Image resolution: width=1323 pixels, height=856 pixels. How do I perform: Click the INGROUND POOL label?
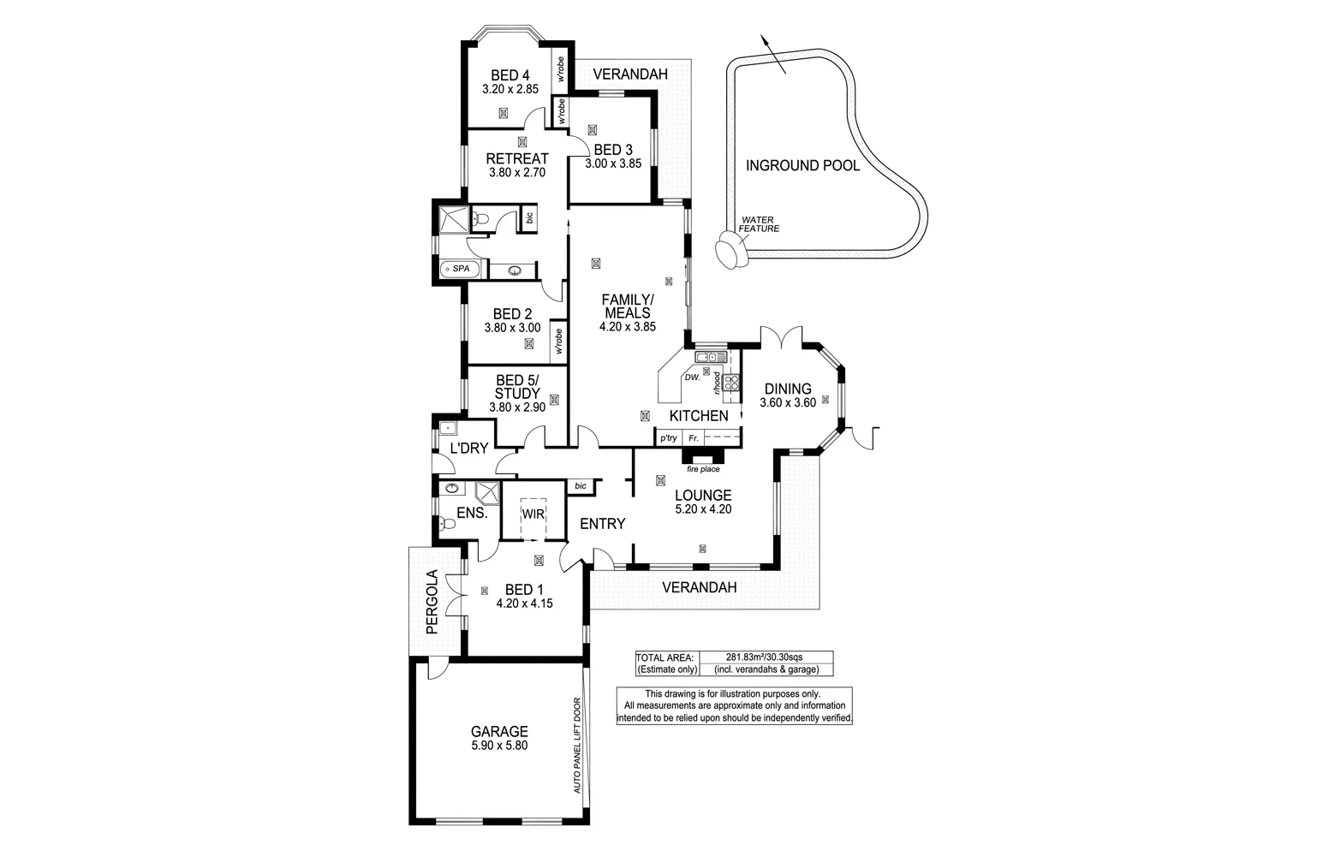coord(802,166)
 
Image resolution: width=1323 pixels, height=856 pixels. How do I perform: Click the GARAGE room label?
coord(499,732)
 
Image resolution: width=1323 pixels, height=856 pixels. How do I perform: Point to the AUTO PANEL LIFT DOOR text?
coord(578,745)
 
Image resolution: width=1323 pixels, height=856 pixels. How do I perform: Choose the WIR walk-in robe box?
coord(533,514)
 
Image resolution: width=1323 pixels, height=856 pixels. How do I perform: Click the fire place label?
coord(703,469)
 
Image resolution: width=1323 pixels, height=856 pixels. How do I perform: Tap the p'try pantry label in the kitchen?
coord(668,438)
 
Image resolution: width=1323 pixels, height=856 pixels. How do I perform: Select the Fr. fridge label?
coord(694,438)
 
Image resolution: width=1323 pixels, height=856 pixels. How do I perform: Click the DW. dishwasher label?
coord(691,377)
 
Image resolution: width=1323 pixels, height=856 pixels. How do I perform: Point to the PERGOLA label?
coord(432,602)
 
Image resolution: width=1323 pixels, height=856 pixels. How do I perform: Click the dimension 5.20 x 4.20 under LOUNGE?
coord(702,509)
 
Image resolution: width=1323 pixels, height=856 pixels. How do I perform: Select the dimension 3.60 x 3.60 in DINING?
coord(787,403)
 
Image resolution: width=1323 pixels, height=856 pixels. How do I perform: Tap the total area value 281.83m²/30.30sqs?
coord(764,657)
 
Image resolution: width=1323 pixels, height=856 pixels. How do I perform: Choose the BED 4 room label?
coord(510,74)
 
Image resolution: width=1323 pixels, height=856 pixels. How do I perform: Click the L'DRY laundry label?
coord(468,449)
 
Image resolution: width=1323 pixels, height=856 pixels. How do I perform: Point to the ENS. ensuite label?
coord(472,514)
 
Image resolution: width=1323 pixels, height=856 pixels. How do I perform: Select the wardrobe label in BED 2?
coord(557,341)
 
